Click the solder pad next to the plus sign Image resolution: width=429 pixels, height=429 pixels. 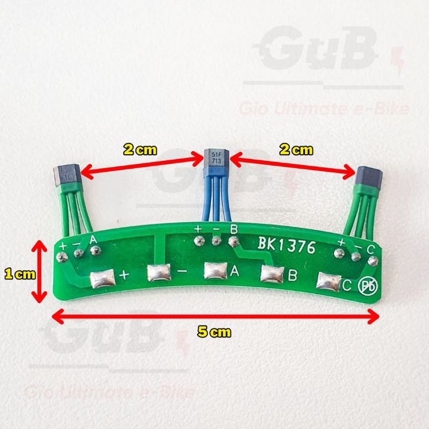point(102,277)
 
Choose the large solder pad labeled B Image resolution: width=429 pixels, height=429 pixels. point(272,274)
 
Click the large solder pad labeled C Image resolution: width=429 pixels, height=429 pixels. point(329,281)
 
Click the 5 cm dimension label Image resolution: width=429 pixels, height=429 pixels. point(213,333)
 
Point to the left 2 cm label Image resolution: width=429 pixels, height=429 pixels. point(140,149)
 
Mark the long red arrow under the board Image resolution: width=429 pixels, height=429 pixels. point(214,317)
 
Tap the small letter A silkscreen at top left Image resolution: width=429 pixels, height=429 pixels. point(93,240)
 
